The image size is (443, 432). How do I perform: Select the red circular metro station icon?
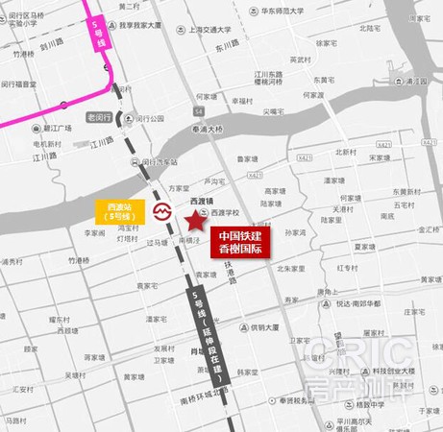(163, 210)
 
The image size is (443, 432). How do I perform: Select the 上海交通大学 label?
(212, 29)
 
